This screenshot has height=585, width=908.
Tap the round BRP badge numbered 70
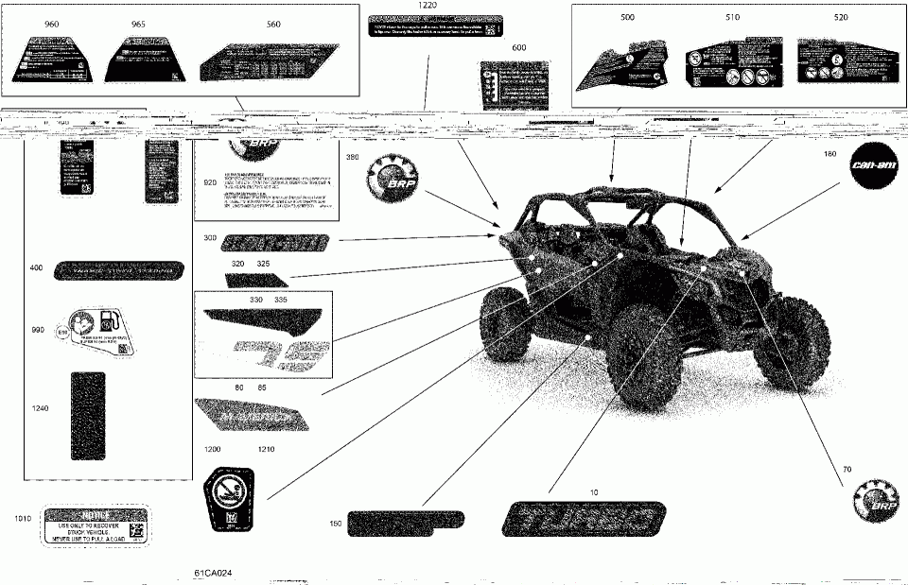point(873,500)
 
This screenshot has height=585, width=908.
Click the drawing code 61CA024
point(214,573)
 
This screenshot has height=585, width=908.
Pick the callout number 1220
point(429,6)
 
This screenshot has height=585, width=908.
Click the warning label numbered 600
point(515,85)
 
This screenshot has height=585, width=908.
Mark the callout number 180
point(830,154)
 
